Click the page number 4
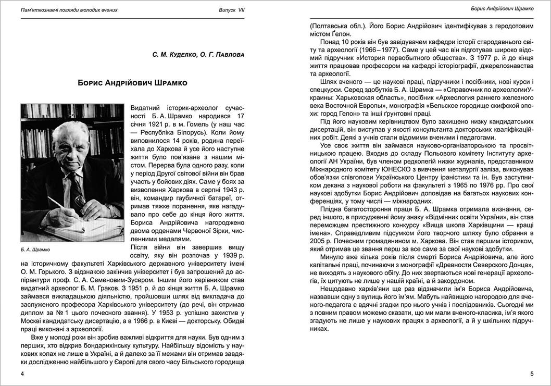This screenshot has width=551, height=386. pos(21,374)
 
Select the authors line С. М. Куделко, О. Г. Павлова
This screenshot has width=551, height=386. pos(198,54)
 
